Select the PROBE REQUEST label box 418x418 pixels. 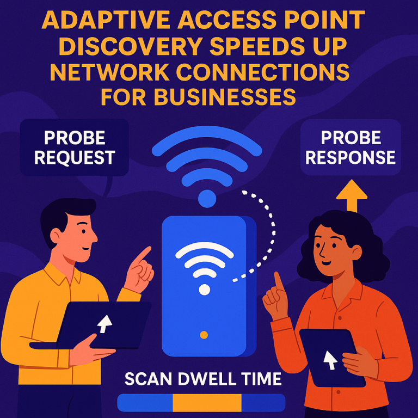[x=74, y=147]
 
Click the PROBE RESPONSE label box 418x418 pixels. [x=350, y=147]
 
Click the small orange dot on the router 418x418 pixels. [x=204, y=335]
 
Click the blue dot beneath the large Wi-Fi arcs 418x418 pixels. [x=207, y=198]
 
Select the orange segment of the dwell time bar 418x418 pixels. [x=207, y=403]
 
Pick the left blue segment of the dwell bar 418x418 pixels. [x=145, y=403]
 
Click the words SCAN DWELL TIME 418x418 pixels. [x=202, y=379]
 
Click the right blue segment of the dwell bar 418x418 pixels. [x=263, y=403]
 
